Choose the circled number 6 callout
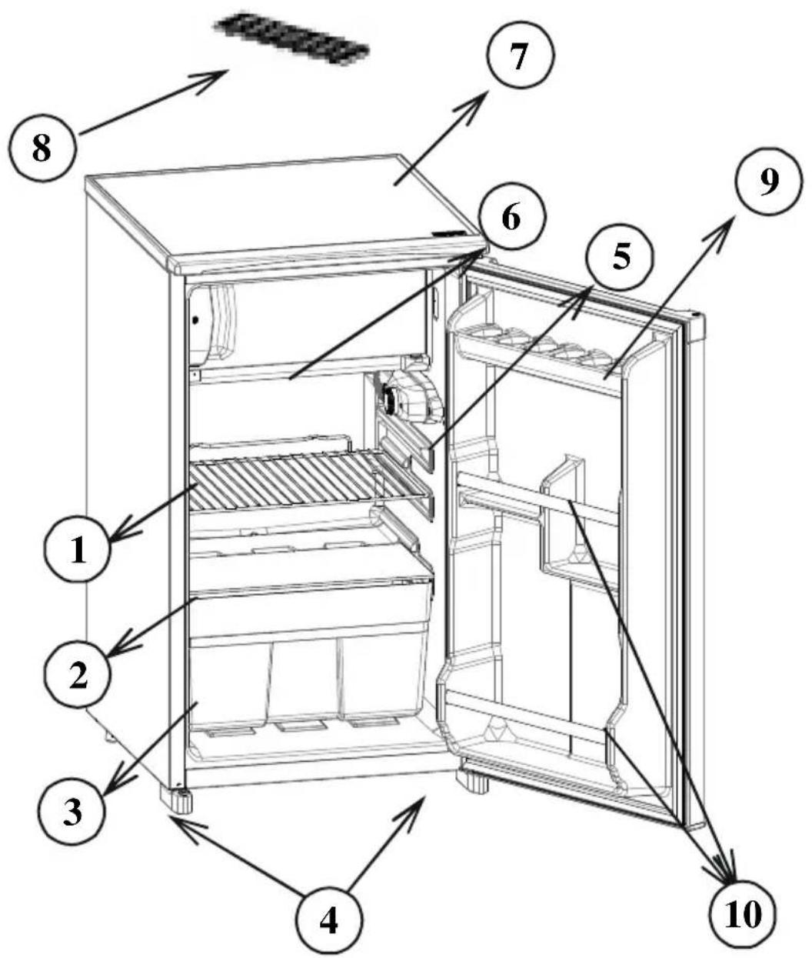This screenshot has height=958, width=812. point(510,217)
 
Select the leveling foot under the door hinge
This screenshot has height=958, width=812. point(474,781)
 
